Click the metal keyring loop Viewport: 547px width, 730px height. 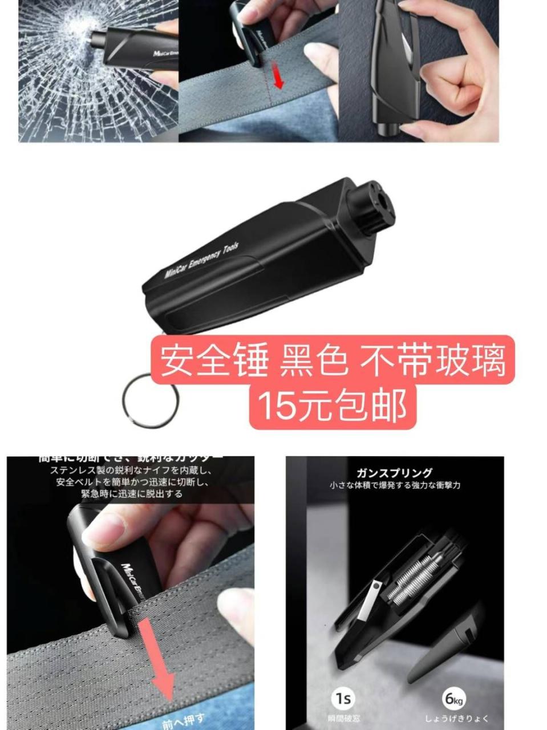click(x=149, y=397)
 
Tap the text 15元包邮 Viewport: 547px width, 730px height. click(x=333, y=405)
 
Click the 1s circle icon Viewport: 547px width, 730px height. click(x=343, y=698)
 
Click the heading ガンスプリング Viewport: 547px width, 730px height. click(x=395, y=473)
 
